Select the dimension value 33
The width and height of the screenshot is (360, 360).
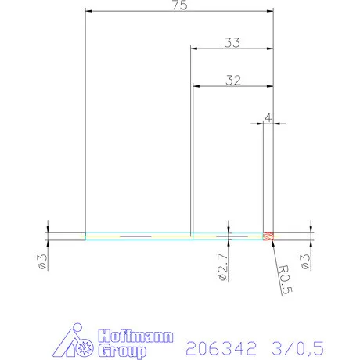232,43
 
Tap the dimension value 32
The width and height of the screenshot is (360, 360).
232,79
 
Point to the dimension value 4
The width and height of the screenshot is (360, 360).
268,117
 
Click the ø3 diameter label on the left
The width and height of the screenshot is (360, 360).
44,261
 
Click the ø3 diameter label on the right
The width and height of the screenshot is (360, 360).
308,261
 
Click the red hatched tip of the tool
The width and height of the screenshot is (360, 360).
268,236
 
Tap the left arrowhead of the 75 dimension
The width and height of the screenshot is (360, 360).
88,12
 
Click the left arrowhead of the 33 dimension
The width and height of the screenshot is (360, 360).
195,49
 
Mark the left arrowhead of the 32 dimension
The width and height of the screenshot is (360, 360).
196,85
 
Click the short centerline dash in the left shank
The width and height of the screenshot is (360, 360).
133,236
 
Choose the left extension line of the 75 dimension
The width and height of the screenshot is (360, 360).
85,117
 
